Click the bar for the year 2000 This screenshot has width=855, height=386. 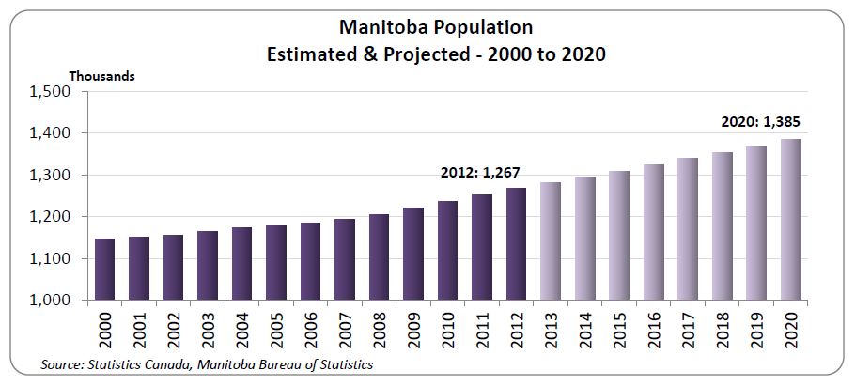coord(105,270)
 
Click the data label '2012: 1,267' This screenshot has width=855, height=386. coord(480,172)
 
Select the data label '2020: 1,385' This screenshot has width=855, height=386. coord(760,122)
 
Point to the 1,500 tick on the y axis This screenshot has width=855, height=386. coord(53,92)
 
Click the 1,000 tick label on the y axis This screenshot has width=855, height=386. coord(53,301)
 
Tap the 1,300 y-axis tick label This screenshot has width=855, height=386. coord(53,176)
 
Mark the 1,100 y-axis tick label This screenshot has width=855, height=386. coord(53,259)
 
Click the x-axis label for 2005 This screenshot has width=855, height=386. coord(276,329)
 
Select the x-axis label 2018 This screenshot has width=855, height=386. coord(722,329)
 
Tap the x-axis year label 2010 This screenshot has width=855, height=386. coord(448,329)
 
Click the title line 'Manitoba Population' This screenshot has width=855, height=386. coord(432,29)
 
